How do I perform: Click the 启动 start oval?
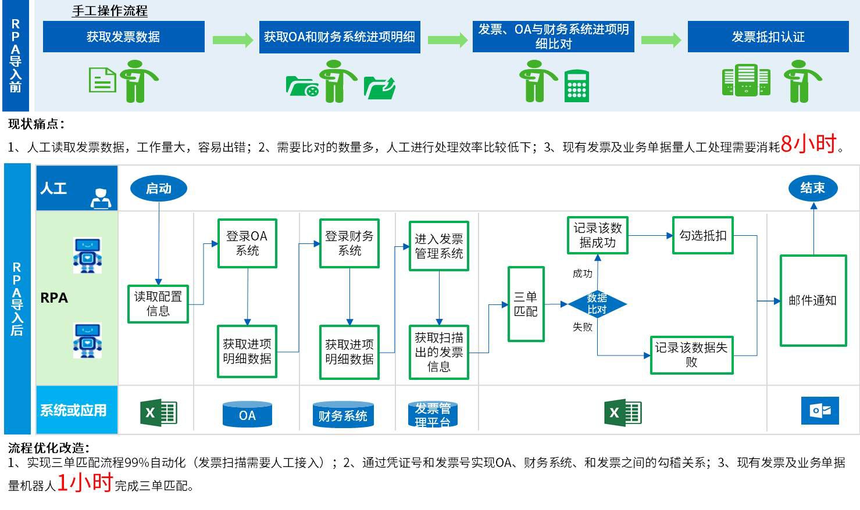[158, 188]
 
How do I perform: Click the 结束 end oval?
[812, 188]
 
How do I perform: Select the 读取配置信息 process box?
[158, 304]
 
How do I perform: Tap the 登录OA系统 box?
[247, 243]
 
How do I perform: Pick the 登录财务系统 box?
[349, 243]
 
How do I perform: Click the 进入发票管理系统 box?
[438, 246]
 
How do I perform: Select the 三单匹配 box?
[526, 304]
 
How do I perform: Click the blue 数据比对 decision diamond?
[597, 304]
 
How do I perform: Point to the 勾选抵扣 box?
[702, 235]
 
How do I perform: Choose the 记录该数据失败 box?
[691, 355]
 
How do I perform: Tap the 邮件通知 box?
[812, 300]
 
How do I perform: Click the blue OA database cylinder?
[247, 415]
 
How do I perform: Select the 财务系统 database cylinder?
[343, 415]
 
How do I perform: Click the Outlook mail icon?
[820, 411]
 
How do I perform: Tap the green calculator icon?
[577, 85]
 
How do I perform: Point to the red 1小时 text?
[85, 482]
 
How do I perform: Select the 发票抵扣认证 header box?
[768, 37]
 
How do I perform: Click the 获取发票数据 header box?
[123, 37]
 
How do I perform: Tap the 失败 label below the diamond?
[582, 327]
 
